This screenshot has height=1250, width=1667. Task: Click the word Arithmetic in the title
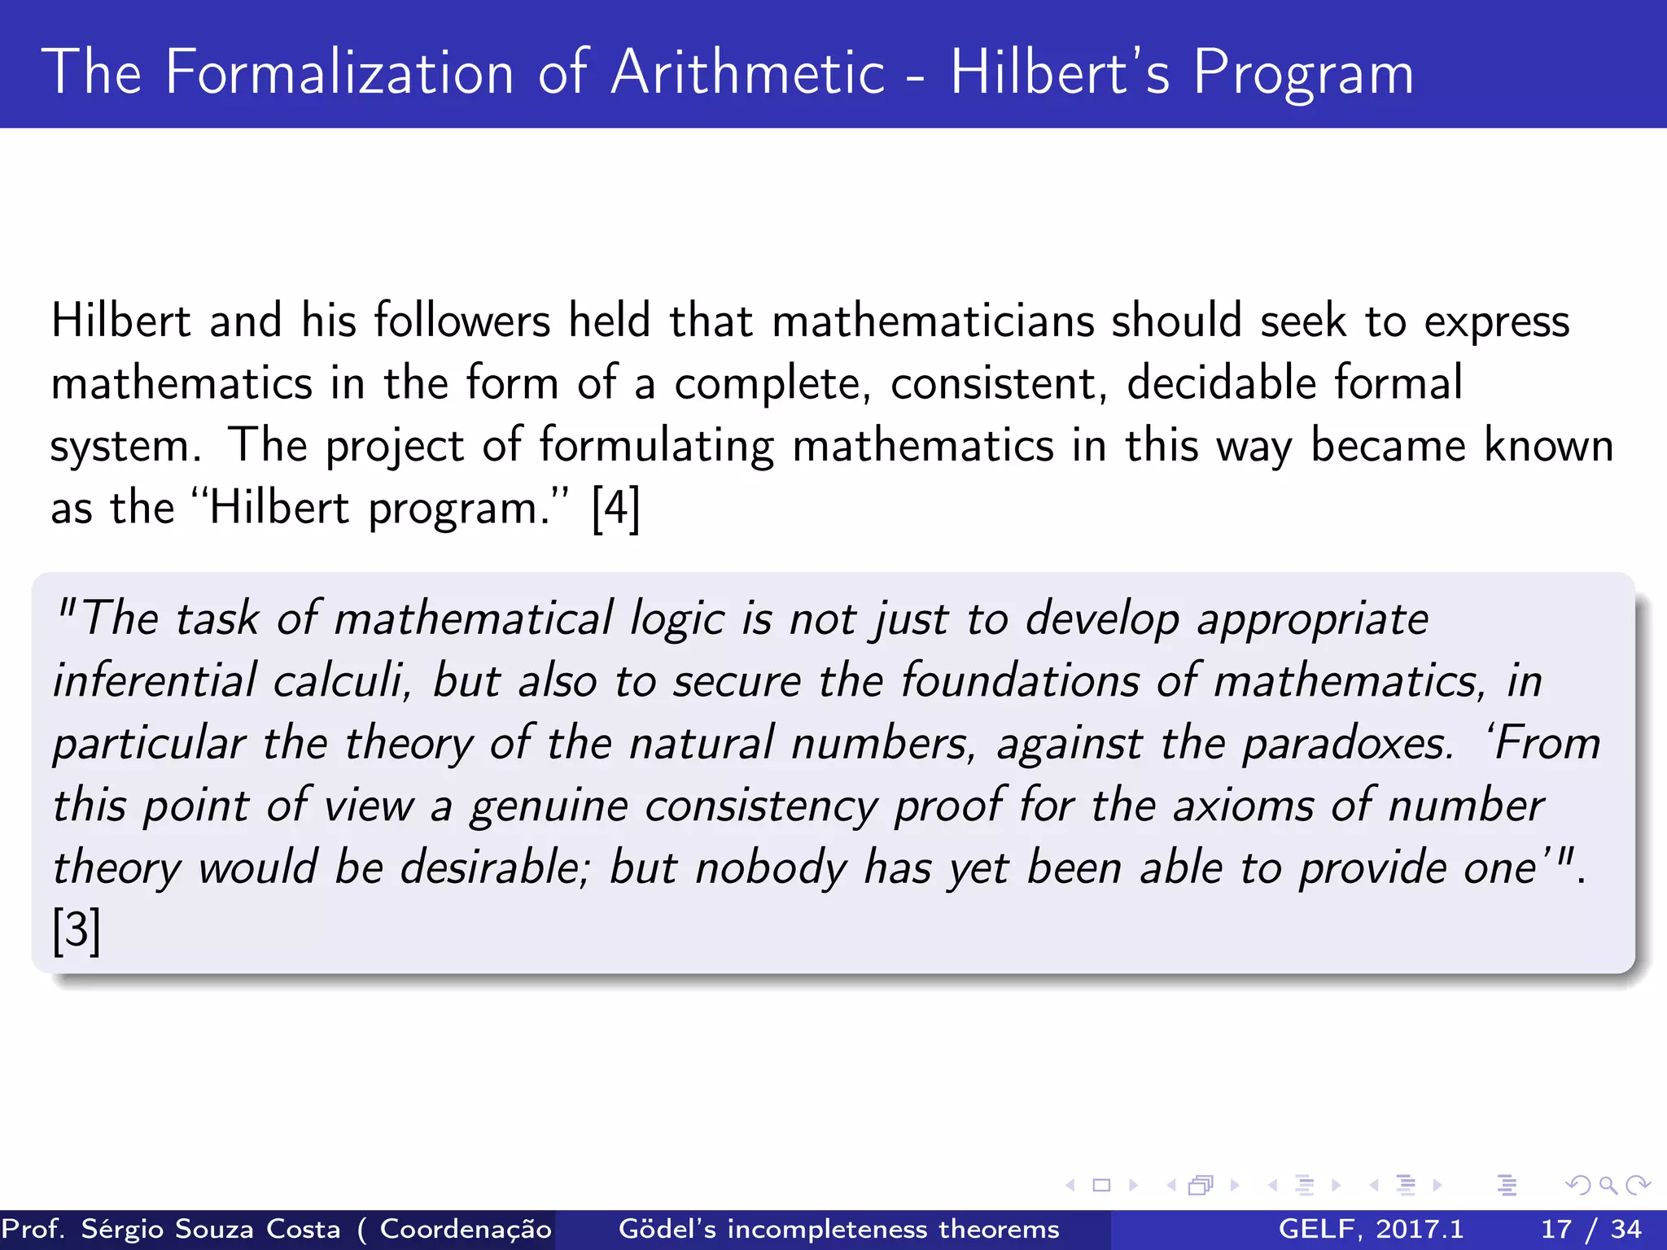747,73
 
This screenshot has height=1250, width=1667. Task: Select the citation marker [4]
616,509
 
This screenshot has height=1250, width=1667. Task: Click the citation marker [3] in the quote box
77,930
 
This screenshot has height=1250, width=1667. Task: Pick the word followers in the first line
462,321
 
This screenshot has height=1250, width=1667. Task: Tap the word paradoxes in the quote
1347,744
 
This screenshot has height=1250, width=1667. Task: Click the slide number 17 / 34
1590,1229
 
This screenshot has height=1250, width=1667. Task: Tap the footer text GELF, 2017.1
1371,1229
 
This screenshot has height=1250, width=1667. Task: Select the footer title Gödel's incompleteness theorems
838,1229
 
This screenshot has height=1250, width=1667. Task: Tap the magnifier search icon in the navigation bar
1608,1186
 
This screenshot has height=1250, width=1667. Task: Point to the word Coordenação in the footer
466,1229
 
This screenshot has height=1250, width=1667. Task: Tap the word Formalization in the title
339,73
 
